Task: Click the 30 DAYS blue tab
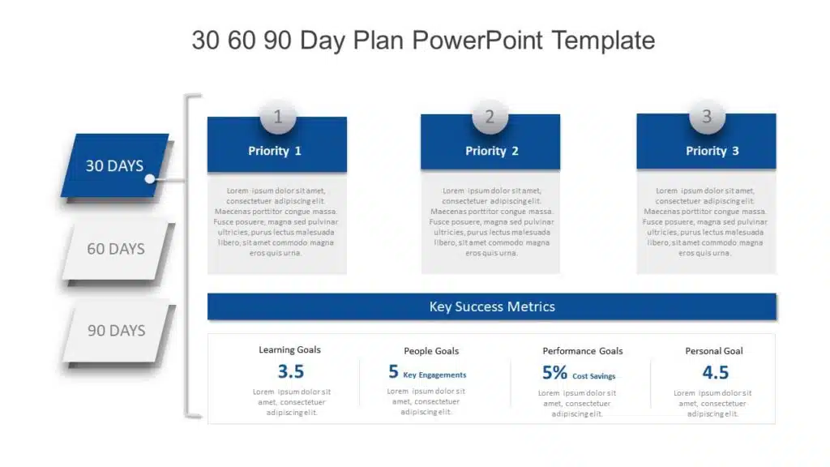tap(115, 165)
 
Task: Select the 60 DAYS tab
tap(116, 248)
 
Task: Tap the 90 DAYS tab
tap(117, 331)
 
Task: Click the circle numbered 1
tap(278, 117)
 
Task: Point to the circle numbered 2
tap(490, 116)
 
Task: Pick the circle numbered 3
tap(707, 116)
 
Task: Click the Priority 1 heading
tap(275, 151)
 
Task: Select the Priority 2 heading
tap(492, 151)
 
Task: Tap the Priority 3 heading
tap(712, 151)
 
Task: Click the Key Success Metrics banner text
tap(492, 306)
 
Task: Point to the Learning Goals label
tap(289, 349)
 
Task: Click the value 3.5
tap(291, 371)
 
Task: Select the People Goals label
tap(431, 351)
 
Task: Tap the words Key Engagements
tap(434, 375)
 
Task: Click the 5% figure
tap(554, 373)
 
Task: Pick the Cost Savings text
tap(594, 376)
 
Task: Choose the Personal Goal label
tap(713, 351)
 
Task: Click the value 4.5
tap(715, 373)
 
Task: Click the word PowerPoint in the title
tap(477, 41)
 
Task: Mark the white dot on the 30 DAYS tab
tap(150, 179)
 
